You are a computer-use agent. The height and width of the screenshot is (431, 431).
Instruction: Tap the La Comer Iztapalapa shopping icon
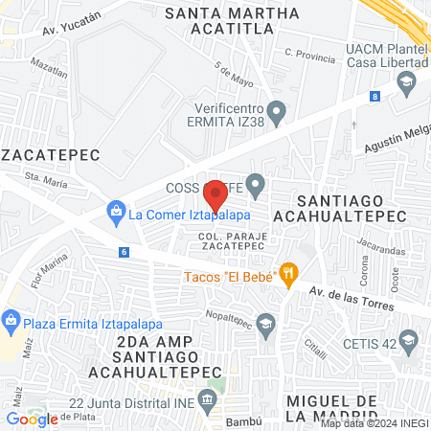tap(116, 210)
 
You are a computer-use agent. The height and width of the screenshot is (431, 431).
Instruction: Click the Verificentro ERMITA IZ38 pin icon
tap(278, 114)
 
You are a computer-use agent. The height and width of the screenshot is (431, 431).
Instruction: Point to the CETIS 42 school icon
tap(409, 340)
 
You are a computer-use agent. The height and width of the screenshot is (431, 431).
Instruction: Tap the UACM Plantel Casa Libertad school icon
tap(407, 83)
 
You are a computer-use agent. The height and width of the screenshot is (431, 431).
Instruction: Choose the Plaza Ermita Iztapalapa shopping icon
tap(11, 319)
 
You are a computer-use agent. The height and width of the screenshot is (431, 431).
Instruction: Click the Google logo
tap(32, 419)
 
